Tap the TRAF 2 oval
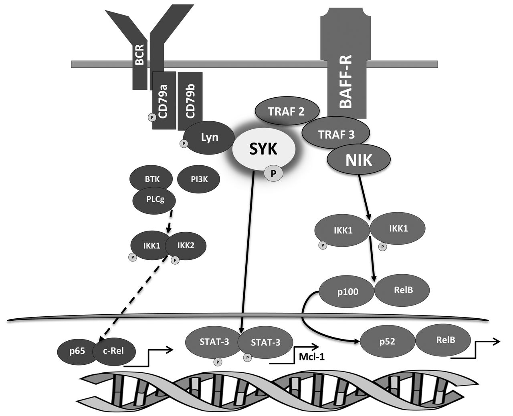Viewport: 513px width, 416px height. coord(287,111)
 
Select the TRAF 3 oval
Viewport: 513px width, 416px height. coord(336,135)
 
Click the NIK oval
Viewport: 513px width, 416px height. coord(359,160)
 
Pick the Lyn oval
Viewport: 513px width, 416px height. coord(210,137)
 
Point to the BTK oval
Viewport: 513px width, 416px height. coord(152,179)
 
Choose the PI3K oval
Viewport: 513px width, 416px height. coord(199,179)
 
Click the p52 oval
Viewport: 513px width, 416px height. coord(388,342)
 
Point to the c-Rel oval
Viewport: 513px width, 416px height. coord(114,352)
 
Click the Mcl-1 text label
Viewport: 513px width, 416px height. coord(311,356)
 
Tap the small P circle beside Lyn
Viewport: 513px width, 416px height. coord(184,143)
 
